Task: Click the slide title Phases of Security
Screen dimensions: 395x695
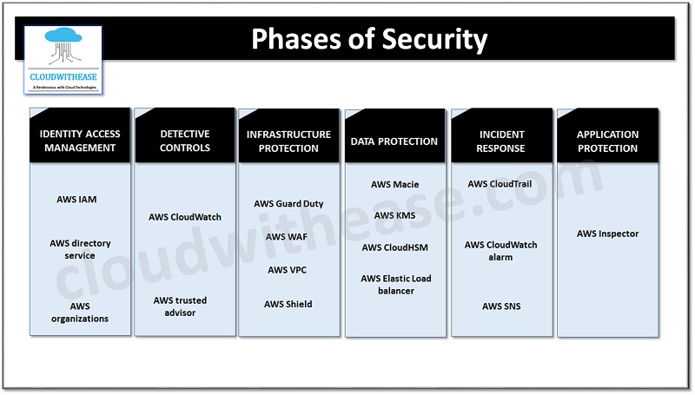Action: pos(369,40)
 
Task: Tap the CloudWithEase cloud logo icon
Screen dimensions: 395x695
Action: pos(63,50)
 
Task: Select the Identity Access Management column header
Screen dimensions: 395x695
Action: pos(80,141)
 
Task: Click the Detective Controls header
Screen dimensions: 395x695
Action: pos(185,141)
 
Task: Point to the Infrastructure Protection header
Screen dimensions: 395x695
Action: pos(288,141)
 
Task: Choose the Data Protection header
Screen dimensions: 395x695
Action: pos(394,141)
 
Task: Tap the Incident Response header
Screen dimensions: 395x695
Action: pos(501,141)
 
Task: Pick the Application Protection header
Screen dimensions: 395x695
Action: pos(607,141)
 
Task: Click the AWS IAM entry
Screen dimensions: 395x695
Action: pos(76,200)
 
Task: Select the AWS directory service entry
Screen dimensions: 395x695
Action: pos(80,249)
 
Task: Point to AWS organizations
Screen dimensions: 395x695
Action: pos(79,313)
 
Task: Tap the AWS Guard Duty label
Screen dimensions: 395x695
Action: pos(288,204)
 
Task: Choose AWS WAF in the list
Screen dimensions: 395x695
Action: pos(287,237)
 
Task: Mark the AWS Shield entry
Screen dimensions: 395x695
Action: pos(288,304)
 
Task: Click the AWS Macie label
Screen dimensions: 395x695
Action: pos(394,184)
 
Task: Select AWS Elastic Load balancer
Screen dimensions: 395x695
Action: pos(396,285)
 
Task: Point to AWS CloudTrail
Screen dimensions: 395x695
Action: pos(501,184)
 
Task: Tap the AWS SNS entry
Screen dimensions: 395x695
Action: pos(501,306)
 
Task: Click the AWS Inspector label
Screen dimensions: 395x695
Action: pos(607,234)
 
